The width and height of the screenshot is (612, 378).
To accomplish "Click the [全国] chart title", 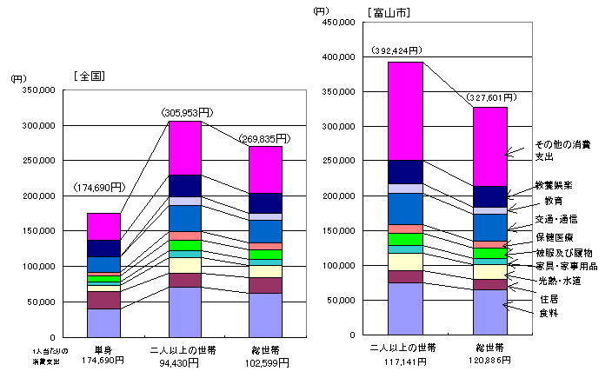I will click(90, 76).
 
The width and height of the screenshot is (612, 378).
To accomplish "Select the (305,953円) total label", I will click(188, 112).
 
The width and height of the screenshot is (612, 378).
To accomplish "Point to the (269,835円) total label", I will click(264, 137).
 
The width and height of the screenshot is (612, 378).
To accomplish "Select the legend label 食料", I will click(549, 313).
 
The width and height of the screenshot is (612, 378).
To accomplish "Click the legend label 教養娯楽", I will click(555, 186).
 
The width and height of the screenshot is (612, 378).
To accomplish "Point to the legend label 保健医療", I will click(555, 235).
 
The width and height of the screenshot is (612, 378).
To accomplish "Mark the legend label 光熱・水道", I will click(559, 282).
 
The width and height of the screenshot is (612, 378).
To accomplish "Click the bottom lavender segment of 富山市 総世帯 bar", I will click(490, 313).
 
